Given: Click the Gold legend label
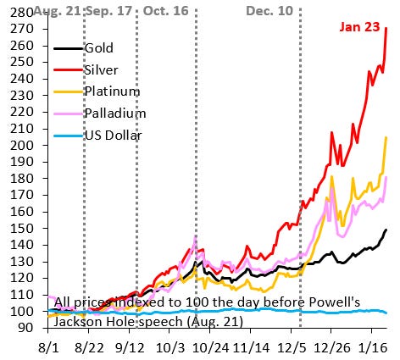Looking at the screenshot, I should coord(99,49).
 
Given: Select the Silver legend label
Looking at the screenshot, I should coord(102,70).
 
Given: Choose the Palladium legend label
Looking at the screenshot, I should coord(115,113).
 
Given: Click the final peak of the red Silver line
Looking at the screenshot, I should coord(387,29).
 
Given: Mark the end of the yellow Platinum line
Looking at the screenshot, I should coord(387,137).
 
